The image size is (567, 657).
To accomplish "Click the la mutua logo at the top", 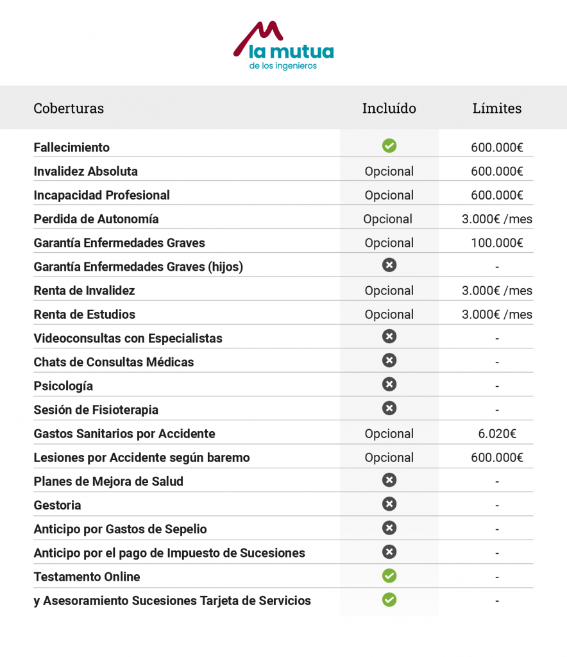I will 283,46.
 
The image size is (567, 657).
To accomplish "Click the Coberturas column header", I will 69,108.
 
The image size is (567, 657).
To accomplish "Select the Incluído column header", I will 389,108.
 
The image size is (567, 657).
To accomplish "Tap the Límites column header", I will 497,108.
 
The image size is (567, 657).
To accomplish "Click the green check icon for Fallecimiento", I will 389,146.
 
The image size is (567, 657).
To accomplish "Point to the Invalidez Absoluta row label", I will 85,171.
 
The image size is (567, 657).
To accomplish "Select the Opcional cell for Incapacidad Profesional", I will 389,195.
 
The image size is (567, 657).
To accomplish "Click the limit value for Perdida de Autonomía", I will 497,219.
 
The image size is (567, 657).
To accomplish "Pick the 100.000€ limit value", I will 497,243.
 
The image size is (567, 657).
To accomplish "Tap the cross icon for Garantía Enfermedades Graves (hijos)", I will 389,265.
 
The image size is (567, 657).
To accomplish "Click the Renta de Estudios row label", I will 85,314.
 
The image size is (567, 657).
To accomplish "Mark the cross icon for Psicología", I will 389,384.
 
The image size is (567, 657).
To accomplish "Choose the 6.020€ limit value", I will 497,434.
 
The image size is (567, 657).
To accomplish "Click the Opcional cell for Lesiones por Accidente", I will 389,457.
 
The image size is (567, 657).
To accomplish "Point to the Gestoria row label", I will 58,505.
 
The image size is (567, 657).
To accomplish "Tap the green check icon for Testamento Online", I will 389,576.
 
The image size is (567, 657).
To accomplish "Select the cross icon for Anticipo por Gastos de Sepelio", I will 389,528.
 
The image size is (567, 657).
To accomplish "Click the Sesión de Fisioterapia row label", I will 96,409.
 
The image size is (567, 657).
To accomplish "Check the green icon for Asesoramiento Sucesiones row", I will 389,600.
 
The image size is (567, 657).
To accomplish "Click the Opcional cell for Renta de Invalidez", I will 389,291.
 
